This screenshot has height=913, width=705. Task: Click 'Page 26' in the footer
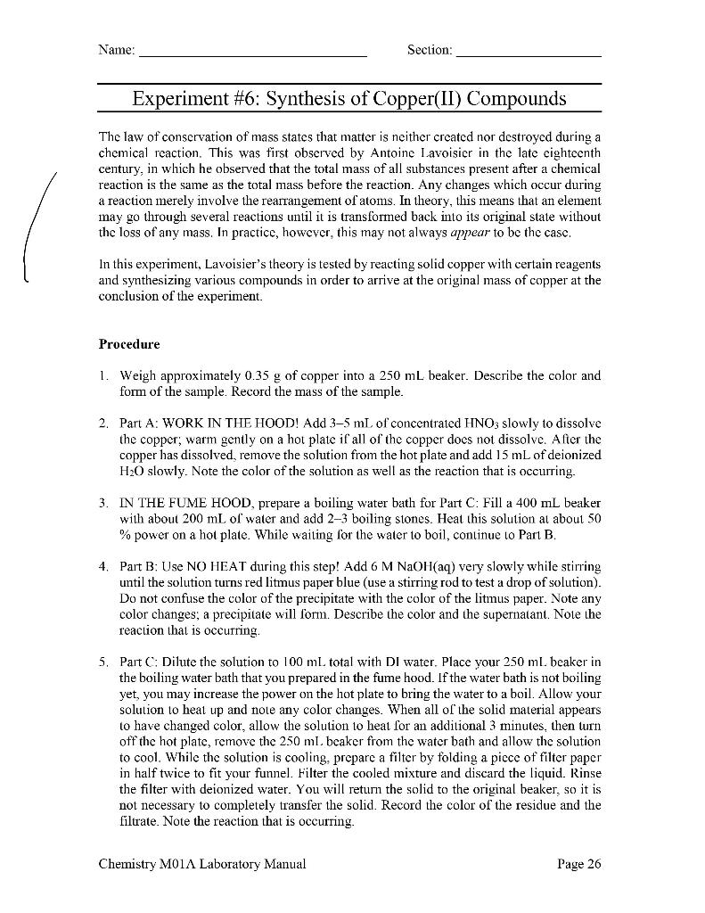[x=579, y=863]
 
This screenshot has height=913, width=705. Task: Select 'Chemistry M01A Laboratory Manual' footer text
[x=202, y=863]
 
